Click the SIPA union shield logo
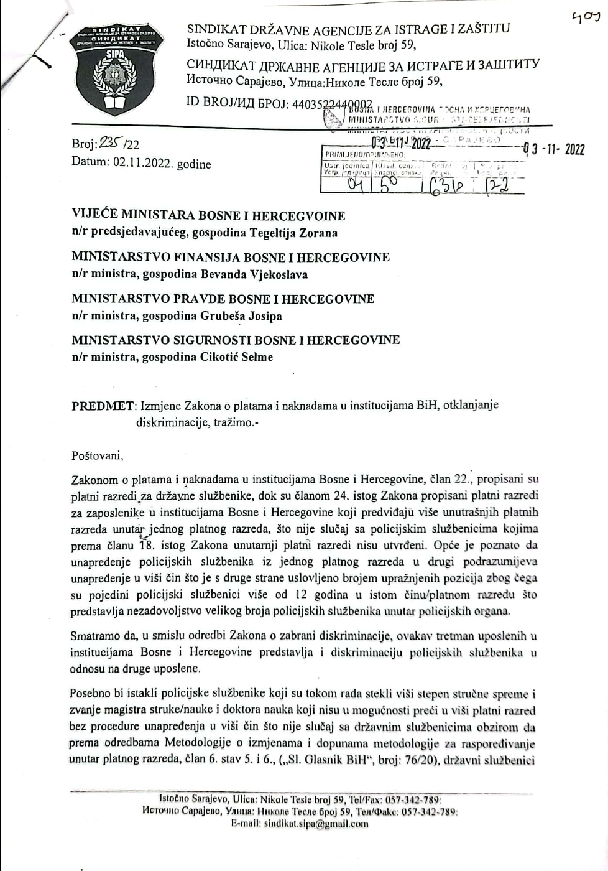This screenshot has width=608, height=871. (116, 72)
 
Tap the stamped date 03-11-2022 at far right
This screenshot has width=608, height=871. (554, 149)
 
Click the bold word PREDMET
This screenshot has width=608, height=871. (103, 406)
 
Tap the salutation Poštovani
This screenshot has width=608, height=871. (98, 455)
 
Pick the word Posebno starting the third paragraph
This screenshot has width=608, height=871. (92, 694)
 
